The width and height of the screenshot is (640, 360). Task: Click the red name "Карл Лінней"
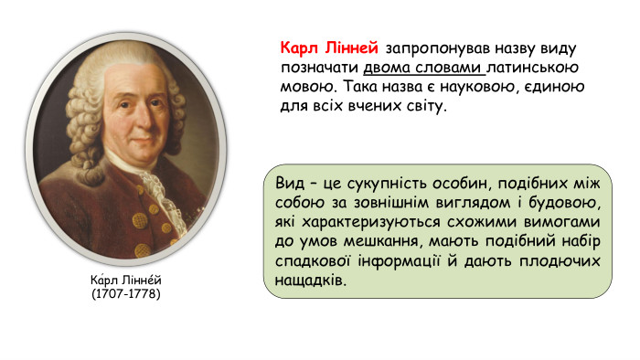tap(329, 48)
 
